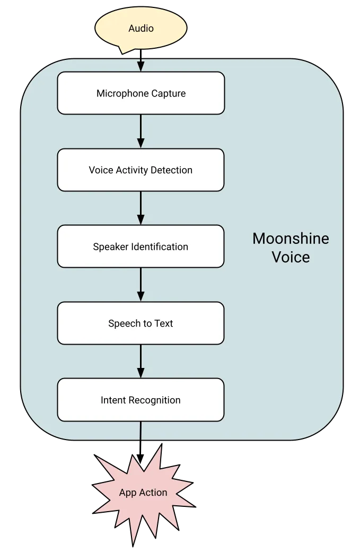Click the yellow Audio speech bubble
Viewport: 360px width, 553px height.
coord(141,28)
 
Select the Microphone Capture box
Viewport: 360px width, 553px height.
coord(141,93)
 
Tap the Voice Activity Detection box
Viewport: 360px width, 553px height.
coord(141,170)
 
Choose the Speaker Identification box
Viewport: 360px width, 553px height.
coord(141,247)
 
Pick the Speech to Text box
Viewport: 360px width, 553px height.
coord(141,323)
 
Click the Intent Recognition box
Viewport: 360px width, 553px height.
coord(141,400)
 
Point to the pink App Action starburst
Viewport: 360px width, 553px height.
coord(143,493)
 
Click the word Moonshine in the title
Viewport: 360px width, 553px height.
coord(291,239)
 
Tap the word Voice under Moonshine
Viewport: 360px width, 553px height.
coord(291,258)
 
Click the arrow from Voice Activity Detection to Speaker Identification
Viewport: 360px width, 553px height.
coord(141,208)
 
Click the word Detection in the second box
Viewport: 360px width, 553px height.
coord(172,170)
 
